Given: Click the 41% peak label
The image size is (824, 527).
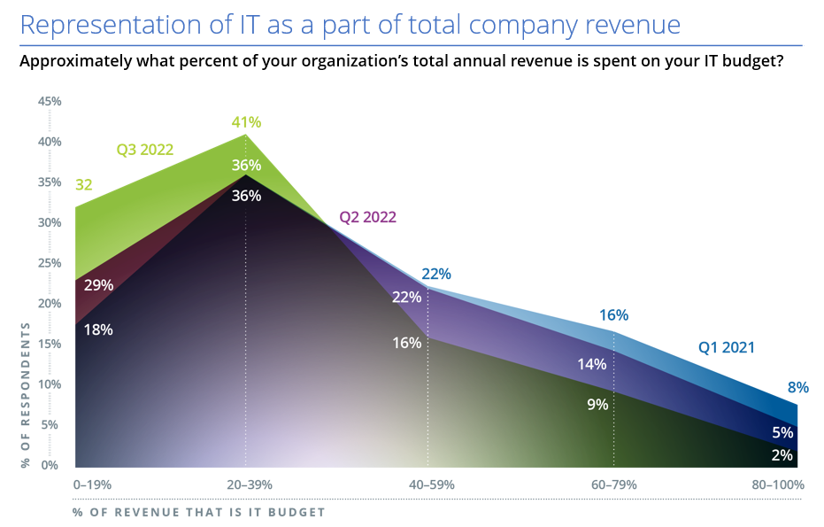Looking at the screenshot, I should coord(246,122).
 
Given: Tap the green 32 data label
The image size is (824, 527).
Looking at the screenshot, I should coord(83,185).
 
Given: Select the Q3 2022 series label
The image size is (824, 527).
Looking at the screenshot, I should coord(145,150).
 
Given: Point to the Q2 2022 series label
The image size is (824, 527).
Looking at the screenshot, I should coord(368,217).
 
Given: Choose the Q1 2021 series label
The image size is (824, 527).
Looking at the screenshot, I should coord(727,348).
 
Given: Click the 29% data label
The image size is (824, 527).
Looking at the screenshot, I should coord(98,285).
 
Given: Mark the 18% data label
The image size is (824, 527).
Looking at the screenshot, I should coord(98,329).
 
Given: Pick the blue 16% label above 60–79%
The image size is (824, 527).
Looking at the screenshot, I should coord(613,314).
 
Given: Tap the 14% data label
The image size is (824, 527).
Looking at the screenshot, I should coord(591,363).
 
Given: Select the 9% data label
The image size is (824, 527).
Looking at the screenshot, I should coord(597,404).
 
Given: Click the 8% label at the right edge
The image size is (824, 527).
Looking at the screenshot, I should coord(798,387).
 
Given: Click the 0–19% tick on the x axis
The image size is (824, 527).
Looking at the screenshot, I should coord(92,484).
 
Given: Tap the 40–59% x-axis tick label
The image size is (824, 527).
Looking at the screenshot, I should coord(429,484).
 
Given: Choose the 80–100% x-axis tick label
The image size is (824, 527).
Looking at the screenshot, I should coord(776,484).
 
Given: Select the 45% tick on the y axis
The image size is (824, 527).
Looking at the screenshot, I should coord(50,101).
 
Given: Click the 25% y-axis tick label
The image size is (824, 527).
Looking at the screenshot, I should coord(50,263).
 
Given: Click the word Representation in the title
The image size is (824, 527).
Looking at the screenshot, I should coord(107,24).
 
